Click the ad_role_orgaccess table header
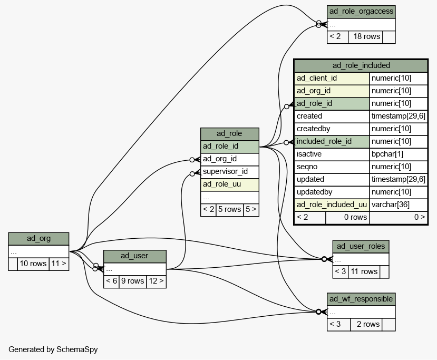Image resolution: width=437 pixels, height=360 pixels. (361, 12)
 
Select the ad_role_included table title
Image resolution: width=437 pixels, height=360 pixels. (361, 66)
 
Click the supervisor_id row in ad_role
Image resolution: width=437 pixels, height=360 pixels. (230, 172)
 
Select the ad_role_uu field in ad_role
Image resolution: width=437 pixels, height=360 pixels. (230, 184)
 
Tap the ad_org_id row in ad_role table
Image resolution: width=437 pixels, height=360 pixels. (230, 159)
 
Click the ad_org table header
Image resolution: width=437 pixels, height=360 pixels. (38, 239)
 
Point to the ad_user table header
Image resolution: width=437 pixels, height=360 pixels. (135, 256)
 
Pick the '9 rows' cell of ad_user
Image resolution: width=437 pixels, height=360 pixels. (133, 281)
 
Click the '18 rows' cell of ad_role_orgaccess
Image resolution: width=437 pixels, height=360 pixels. (366, 37)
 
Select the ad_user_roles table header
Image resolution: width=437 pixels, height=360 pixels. (361, 247)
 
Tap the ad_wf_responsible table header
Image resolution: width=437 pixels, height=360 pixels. (361, 299)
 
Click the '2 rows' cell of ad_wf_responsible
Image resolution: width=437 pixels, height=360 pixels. (366, 324)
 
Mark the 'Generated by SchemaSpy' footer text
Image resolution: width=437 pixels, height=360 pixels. (53, 349)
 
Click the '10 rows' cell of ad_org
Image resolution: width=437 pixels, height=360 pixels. (33, 264)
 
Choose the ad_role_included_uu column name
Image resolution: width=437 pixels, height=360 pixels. (332, 205)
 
